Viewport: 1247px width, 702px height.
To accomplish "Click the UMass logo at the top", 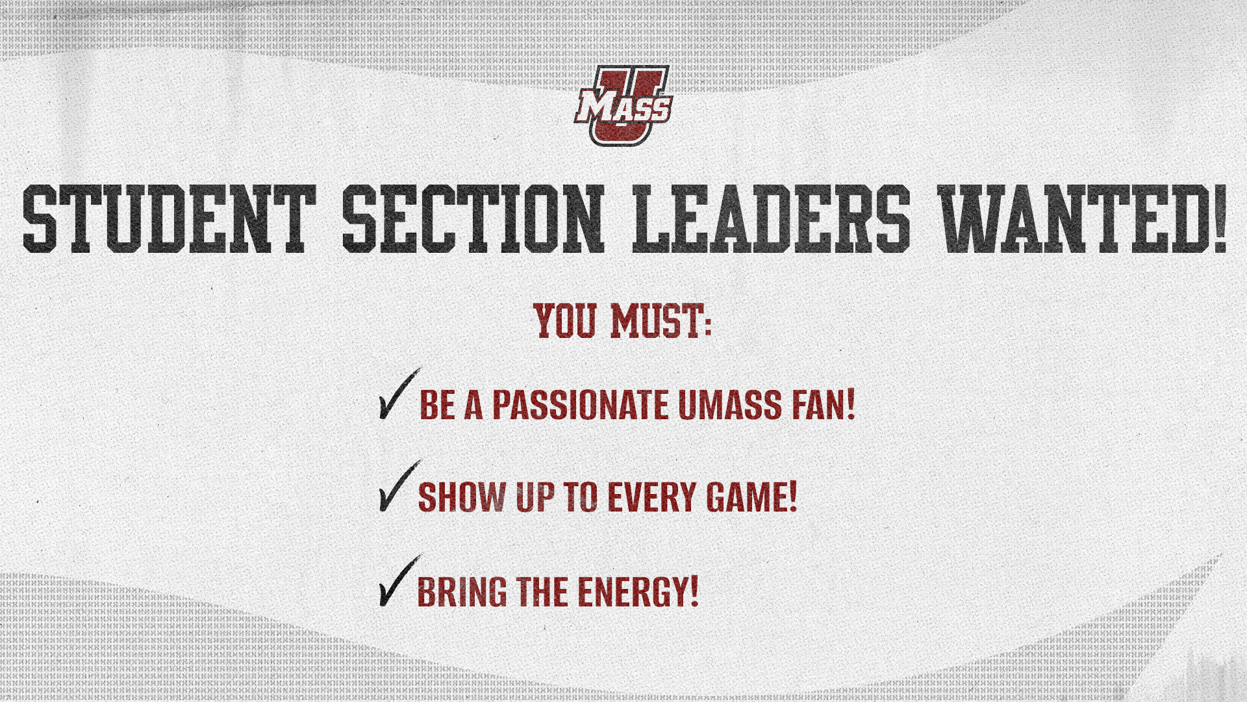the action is tap(622, 106).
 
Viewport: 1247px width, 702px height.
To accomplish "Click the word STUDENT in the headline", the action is tap(169, 218).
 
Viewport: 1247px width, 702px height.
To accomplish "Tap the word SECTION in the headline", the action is tap(473, 218).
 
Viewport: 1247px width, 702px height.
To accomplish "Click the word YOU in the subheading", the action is tap(565, 321).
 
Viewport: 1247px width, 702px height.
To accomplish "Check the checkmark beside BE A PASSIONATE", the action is tap(398, 394).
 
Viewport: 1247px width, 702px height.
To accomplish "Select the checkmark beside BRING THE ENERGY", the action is tap(398, 581).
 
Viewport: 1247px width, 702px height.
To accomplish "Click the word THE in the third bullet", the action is tap(542, 591).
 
